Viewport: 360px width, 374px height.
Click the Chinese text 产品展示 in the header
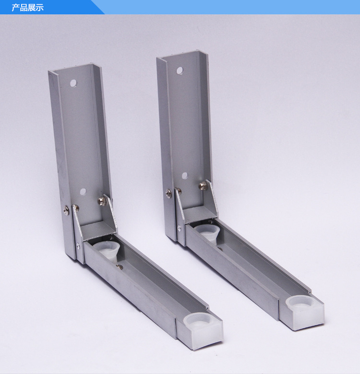click(x=28, y=8)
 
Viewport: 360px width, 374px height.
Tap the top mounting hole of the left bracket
click(x=73, y=83)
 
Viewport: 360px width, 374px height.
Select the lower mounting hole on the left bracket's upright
click(x=83, y=191)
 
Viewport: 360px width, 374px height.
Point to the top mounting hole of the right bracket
click(x=180, y=70)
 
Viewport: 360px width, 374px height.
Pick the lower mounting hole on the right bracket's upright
click(x=185, y=176)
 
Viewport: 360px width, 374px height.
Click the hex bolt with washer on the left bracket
click(x=102, y=201)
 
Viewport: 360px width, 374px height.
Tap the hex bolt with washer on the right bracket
click(x=203, y=185)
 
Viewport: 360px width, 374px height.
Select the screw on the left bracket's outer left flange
click(x=66, y=210)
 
